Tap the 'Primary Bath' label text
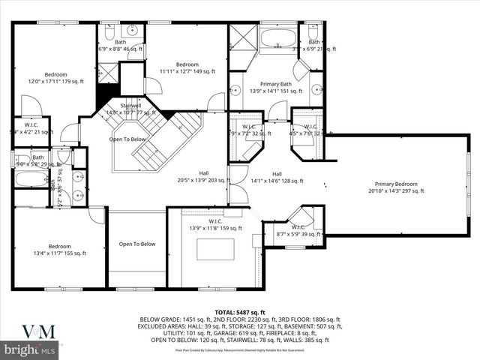coord(276,83)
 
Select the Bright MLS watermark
coord(30,349)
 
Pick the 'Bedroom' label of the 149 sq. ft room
coord(187,64)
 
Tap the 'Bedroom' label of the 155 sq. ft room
coord(60,246)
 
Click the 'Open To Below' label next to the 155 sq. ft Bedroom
coord(137,244)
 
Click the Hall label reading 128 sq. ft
coord(277,173)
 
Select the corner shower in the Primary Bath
coord(243,37)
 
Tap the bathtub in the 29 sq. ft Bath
coord(29,180)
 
